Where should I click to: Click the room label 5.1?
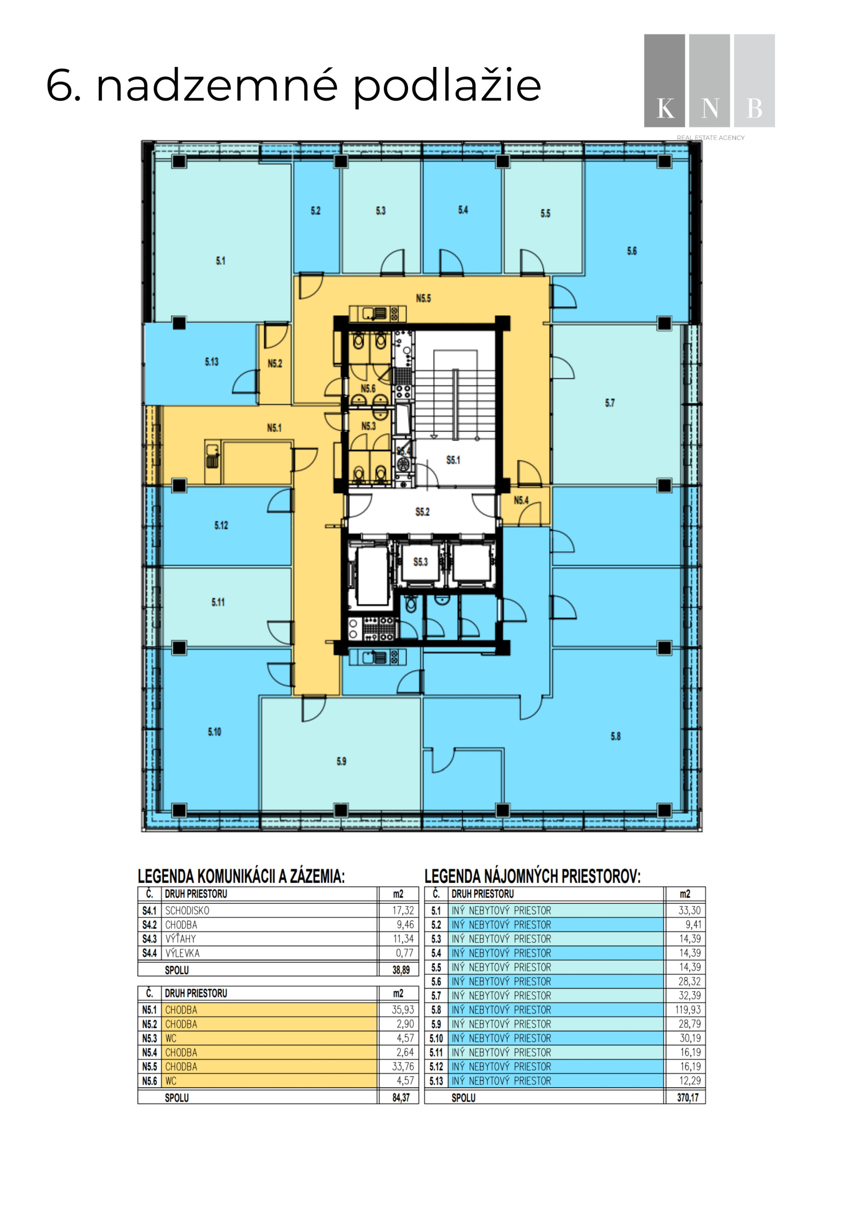(221, 261)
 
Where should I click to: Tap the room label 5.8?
(616, 736)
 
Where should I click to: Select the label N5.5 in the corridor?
(423, 298)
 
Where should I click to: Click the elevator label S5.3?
(421, 562)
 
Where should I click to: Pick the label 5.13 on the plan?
(212, 362)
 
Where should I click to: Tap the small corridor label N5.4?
(521, 501)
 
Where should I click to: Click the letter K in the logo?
(666, 109)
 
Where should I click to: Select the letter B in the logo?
(754, 109)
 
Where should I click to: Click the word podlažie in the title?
(447, 86)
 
